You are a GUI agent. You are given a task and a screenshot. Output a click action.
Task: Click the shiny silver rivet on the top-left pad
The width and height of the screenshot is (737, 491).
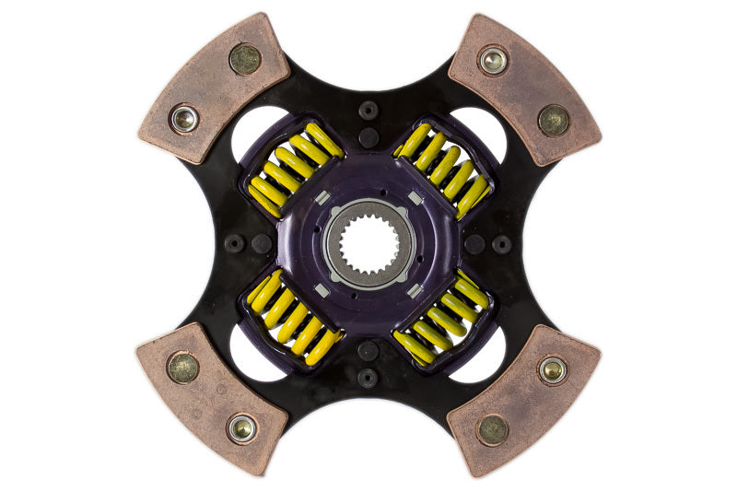coord(184,118)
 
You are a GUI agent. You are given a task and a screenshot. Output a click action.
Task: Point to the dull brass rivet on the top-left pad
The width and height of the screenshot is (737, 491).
coord(245,59)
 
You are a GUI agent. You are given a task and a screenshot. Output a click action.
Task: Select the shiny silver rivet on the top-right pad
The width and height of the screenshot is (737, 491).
coord(493,61)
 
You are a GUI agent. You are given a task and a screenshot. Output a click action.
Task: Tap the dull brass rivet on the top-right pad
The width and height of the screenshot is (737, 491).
coord(554,119)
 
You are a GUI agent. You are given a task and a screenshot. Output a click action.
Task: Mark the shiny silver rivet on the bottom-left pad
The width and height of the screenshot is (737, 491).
coord(243,427)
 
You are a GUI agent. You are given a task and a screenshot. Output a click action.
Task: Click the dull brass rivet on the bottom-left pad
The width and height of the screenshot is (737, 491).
coord(183,368)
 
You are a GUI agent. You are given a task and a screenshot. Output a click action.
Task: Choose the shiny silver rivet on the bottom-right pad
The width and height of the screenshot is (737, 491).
coord(553,369)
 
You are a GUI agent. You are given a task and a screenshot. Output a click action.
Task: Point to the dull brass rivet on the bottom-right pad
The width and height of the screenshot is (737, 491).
coord(493,428)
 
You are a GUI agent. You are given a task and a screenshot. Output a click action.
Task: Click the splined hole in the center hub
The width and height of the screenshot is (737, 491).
coord(368,244)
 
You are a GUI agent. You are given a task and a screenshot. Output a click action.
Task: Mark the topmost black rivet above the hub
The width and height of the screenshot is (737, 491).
coord(368,110)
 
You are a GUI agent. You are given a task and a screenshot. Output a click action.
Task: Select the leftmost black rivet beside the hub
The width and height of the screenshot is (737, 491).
coord(235,244)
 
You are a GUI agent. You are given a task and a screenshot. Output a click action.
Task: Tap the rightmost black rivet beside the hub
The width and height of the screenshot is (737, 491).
coord(502,244)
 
